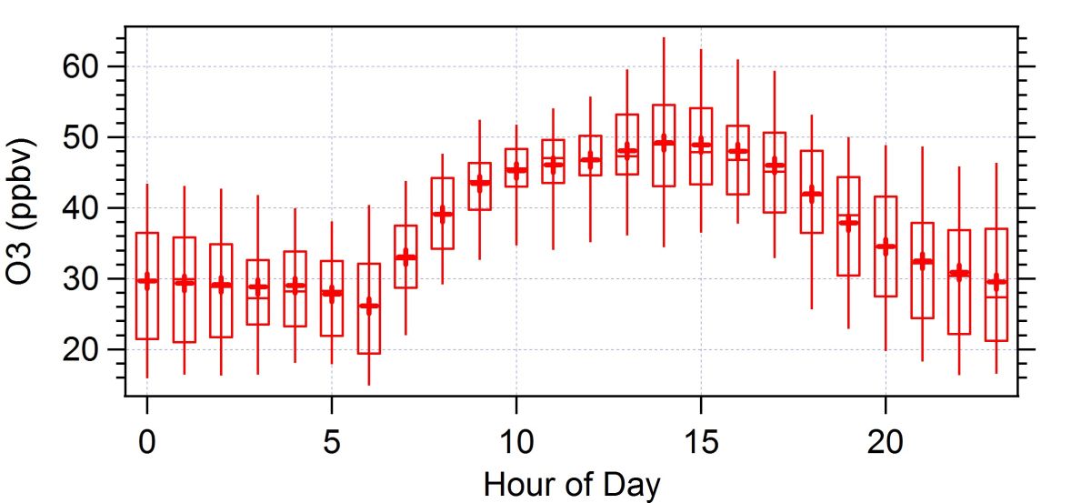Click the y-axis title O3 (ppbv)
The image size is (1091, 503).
pyautogui.click(x=23, y=211)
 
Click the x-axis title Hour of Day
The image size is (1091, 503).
pyautogui.click(x=572, y=483)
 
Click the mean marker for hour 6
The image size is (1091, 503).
pyautogui.click(x=369, y=305)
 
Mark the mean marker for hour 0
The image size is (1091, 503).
pyautogui.click(x=147, y=281)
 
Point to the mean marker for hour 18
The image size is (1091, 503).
pyautogui.click(x=812, y=194)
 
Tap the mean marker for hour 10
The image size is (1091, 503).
pyautogui.click(x=516, y=170)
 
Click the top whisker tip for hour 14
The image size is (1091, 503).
pyautogui.click(x=664, y=38)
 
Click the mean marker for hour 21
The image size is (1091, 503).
pyautogui.click(x=923, y=261)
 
